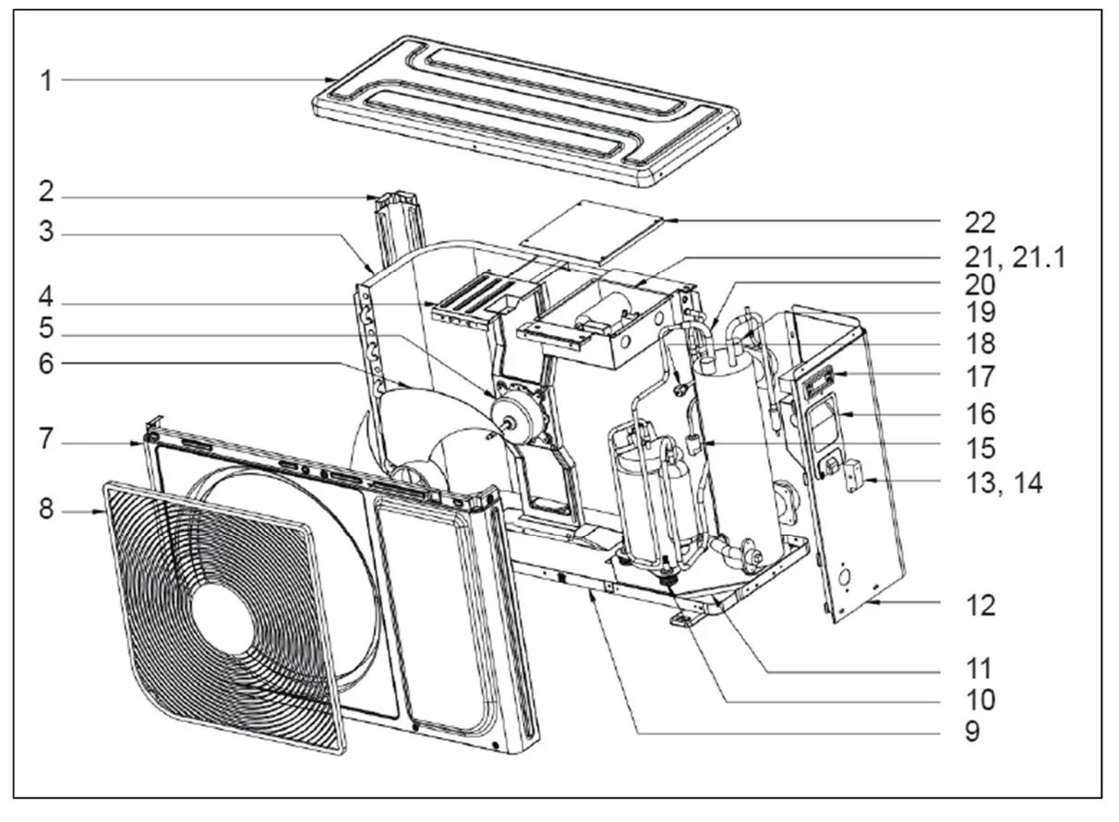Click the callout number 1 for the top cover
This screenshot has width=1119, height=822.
click(x=44, y=80)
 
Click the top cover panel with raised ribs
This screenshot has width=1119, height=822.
click(x=526, y=106)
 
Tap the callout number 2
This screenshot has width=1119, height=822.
click(x=44, y=197)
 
